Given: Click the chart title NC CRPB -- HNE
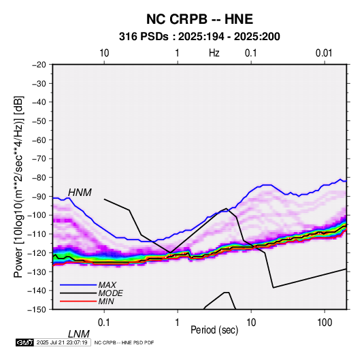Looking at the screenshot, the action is (199, 19).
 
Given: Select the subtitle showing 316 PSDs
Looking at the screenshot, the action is (199, 37).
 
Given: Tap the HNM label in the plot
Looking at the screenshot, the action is (80, 193).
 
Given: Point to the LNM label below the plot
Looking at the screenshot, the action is (79, 334).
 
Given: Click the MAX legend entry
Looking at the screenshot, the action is (107, 285).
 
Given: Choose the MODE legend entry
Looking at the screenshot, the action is (110, 293).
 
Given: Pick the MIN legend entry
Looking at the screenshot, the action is (106, 301).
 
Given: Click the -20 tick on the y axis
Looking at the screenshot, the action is (39, 65).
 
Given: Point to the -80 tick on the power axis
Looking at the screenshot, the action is (39, 178).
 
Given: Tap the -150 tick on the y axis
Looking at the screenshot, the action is (37, 310).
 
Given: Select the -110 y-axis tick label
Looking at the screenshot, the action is (37, 234).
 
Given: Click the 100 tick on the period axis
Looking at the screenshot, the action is (325, 323).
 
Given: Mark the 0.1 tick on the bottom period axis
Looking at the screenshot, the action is (104, 323).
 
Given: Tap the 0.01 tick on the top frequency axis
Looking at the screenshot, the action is (324, 53).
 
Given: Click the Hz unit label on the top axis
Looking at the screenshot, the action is (214, 53).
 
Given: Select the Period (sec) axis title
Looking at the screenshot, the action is (214, 330).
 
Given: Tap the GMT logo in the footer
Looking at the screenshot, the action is (25, 342).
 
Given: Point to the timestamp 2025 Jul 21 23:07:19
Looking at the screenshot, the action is (62, 342).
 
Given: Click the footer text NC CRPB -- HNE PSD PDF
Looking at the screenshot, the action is (124, 342).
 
